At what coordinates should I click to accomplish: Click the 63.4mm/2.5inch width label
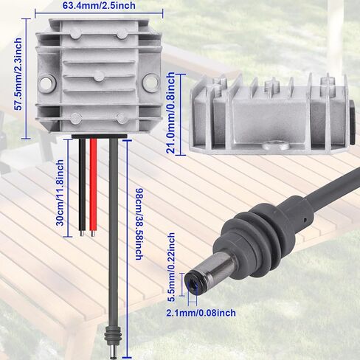[x=99, y=5]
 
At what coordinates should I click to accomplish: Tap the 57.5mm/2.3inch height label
[x=18, y=74]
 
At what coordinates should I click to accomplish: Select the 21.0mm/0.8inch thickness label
[x=170, y=113]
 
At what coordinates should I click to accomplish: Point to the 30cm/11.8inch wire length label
[x=60, y=193]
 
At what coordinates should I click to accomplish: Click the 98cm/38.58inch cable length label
[x=139, y=224]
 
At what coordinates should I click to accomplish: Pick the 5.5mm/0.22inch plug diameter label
[x=171, y=267]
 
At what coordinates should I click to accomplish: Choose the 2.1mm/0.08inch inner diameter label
[x=201, y=313]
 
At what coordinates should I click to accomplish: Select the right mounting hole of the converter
[x=150, y=83]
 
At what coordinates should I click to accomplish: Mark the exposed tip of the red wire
[x=93, y=234]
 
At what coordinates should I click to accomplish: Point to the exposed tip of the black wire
[x=82, y=233]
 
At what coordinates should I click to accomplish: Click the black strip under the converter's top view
[x=100, y=136]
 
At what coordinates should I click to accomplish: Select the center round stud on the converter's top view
[x=100, y=76]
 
